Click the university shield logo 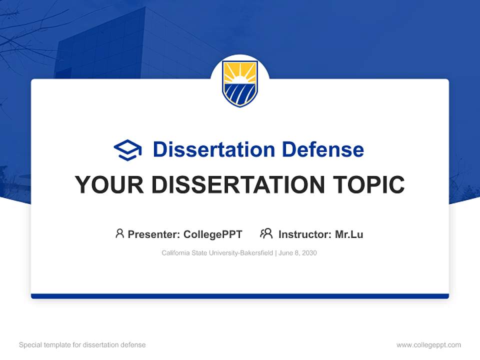pos(240,83)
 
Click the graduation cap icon pos(128,149)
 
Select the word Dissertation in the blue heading pos(214,149)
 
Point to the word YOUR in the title pos(108,185)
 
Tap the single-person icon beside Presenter pos(119,233)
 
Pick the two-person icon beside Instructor pos(266,233)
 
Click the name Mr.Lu pos(349,234)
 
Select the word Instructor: pos(305,234)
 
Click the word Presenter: pos(154,234)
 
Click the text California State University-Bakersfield pos(217,253)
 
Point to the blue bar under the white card pos(240,296)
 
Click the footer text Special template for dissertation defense pos(82,345)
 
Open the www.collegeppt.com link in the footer pos(428,345)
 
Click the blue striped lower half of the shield pos(240,94)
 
